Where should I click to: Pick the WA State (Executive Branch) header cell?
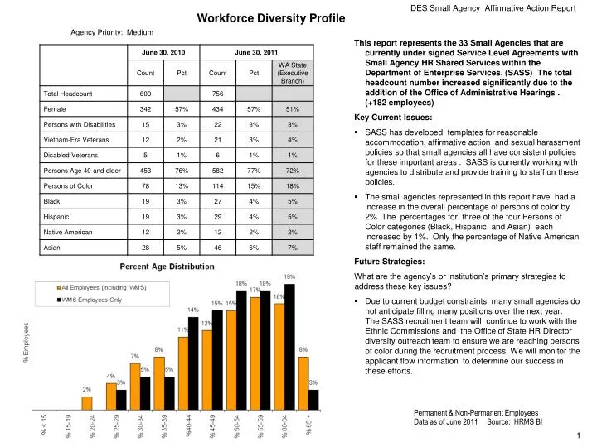tap(292, 73)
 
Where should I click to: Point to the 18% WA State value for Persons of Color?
tap(292, 185)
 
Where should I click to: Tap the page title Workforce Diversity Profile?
tap(255, 19)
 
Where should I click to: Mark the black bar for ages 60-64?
tap(289, 347)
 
